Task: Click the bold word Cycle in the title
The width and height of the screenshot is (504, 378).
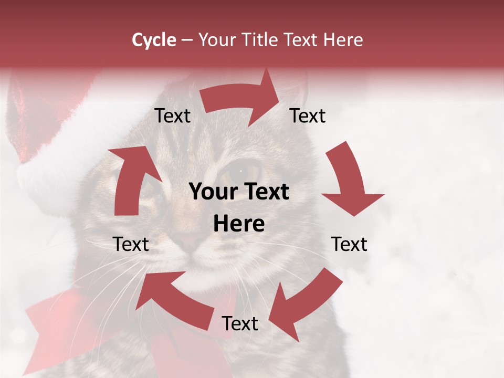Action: (154, 40)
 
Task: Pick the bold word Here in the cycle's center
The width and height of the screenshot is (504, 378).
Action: (239, 224)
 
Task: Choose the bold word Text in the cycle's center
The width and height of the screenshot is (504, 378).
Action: (266, 192)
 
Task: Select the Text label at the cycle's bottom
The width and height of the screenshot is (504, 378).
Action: (240, 324)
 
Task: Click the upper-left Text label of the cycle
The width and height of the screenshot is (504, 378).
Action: (172, 116)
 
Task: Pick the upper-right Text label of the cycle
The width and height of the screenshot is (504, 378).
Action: (308, 116)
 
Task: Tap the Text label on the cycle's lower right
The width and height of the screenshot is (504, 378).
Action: (349, 244)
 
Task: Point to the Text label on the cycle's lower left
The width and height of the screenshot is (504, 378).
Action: (131, 244)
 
